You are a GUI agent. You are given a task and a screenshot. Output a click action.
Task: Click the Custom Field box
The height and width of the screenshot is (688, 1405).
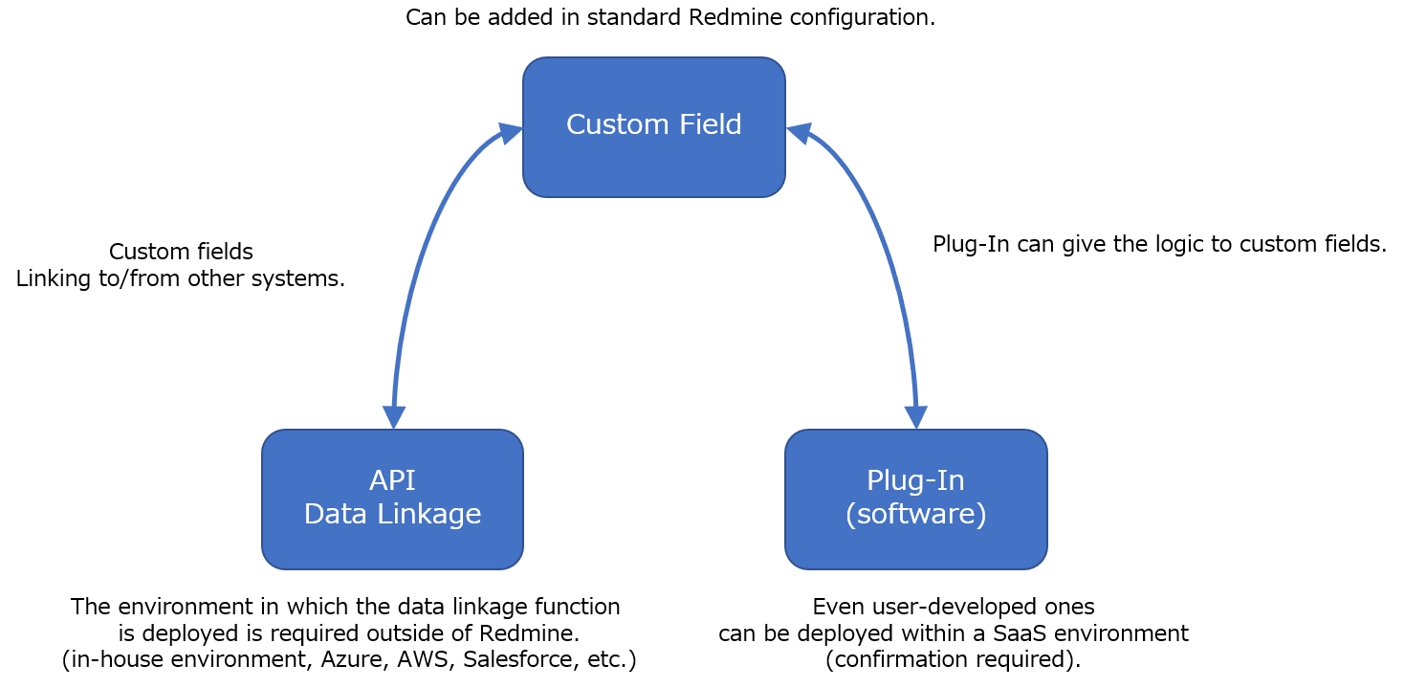coord(653,163)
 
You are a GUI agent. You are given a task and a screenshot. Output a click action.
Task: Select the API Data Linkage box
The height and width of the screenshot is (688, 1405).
coord(392,545)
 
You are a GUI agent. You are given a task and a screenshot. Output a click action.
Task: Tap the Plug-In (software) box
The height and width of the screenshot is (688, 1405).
coord(915,545)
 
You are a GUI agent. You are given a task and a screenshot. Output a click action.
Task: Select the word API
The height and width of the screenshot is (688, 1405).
coord(392,480)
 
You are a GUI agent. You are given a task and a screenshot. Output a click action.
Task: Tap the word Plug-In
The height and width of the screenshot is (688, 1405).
coord(915,480)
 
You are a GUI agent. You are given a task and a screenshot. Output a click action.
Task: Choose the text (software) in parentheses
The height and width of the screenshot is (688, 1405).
coord(915,515)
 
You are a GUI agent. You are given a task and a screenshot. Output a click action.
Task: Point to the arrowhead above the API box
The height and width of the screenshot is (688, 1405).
coord(394,417)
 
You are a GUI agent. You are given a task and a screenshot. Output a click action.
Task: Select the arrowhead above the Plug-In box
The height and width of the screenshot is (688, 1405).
coord(916,417)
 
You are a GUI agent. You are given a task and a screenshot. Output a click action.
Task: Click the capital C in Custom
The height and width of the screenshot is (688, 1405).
coord(576,125)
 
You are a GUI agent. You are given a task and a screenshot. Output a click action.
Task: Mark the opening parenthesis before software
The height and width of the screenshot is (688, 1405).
coord(850,515)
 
